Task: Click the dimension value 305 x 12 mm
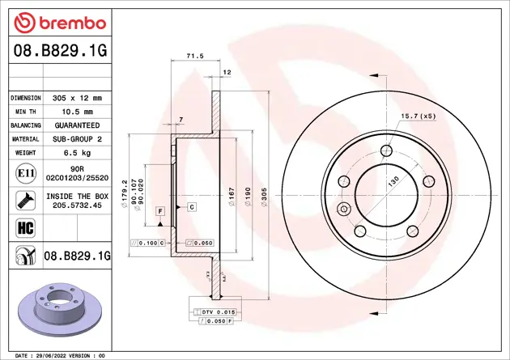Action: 77,97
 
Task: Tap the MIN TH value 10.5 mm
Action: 77,112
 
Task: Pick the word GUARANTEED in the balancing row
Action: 77,126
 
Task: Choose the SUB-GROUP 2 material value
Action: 77,140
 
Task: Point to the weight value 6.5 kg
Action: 77,154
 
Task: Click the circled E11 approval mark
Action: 23,174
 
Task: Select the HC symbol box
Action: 23,226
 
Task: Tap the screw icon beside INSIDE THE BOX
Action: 23,200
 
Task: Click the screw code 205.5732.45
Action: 77,205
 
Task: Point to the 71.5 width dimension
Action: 194,57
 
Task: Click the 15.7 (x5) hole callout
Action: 418,116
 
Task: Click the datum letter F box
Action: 160,211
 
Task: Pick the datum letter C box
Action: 192,207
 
